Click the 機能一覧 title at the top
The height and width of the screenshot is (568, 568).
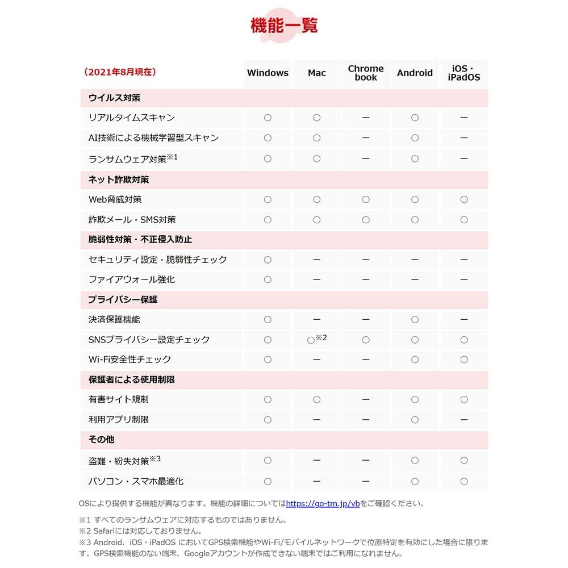(284, 26)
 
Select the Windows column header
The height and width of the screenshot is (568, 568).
(268, 73)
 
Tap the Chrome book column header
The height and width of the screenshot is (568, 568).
(366, 73)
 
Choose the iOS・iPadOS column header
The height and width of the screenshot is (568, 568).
(463, 73)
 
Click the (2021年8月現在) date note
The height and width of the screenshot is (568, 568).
(120, 72)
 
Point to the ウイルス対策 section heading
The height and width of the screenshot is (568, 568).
(114, 98)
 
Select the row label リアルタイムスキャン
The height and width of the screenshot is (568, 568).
(132, 118)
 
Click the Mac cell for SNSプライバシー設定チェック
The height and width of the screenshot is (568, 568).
(311, 340)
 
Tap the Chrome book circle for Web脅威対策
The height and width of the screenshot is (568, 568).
(366, 199)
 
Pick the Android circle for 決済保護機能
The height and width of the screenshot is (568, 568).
(415, 320)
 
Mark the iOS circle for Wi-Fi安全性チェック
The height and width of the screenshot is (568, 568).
(463, 360)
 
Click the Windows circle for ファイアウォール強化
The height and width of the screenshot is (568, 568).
(268, 279)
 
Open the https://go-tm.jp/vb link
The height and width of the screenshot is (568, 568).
(323, 503)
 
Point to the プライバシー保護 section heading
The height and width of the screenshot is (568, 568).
(123, 299)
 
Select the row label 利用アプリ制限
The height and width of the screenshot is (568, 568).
(119, 420)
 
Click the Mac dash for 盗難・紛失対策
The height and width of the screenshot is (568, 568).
(317, 460)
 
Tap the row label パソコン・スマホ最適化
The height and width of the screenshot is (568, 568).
(136, 481)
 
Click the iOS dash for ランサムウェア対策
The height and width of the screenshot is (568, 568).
(463, 158)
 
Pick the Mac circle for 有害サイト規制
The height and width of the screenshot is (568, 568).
(317, 400)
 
